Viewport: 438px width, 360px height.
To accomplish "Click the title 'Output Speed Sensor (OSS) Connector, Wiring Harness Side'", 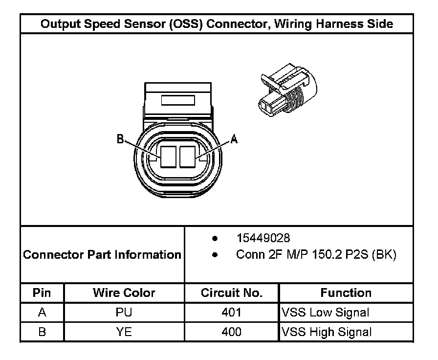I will point(217,24).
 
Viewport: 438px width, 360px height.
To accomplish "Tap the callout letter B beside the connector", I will point(120,139).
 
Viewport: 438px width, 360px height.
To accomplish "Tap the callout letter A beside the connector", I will point(234,139).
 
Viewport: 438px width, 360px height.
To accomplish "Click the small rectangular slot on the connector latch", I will point(178,101).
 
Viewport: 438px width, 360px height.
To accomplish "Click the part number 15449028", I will point(263,238).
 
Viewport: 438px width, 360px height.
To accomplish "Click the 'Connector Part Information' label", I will point(102,255).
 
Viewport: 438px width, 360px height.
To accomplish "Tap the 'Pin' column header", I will point(42,293).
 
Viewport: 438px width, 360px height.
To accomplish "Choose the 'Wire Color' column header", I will point(124,293).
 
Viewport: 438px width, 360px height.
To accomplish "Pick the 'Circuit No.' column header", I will point(231,293).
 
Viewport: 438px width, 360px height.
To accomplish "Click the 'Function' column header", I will point(346,293).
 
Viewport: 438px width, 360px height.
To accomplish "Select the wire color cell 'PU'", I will point(124,312).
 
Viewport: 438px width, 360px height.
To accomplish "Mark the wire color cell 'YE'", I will point(124,332).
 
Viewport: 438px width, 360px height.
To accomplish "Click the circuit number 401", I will point(231,312).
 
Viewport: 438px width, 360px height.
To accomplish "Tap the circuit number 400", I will point(231,332).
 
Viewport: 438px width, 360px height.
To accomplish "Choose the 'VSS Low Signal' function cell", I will point(325,312).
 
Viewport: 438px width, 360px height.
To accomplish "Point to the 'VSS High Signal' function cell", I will point(326,332).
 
